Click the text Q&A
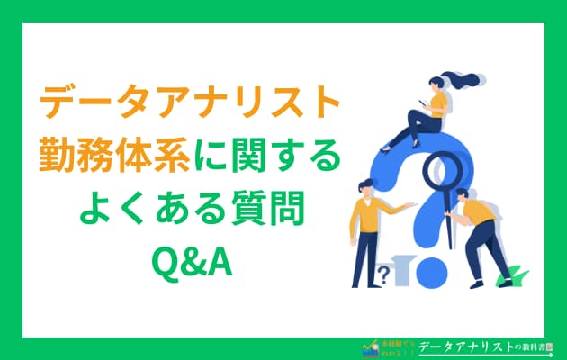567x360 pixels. [189, 262]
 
